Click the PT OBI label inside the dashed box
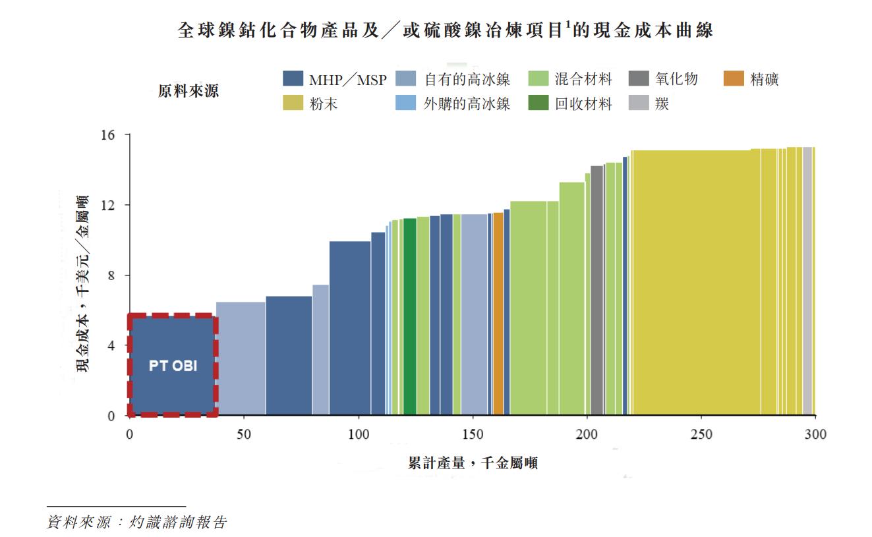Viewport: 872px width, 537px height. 173,366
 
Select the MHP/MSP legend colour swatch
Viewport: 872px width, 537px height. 293,79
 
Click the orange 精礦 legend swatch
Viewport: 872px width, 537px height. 733,79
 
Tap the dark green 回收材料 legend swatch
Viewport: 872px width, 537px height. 539,103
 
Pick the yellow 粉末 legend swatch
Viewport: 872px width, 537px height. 293,103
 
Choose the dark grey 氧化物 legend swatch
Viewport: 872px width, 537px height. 639,79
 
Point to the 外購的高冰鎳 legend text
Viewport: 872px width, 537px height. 467,103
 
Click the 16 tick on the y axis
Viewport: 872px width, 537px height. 108,135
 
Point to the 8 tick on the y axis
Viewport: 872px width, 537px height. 111,275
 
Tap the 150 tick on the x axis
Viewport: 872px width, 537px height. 473,434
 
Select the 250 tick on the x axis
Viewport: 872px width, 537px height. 701,434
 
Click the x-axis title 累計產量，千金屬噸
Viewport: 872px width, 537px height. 473,463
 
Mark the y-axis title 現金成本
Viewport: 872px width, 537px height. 83,283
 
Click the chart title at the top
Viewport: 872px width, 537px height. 446,30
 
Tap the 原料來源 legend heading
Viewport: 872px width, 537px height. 189,92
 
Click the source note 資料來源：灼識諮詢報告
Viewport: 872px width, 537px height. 136,523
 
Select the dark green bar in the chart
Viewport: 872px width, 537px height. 409,316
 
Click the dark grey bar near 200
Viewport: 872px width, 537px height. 596,290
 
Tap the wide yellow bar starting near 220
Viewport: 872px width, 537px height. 692,283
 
